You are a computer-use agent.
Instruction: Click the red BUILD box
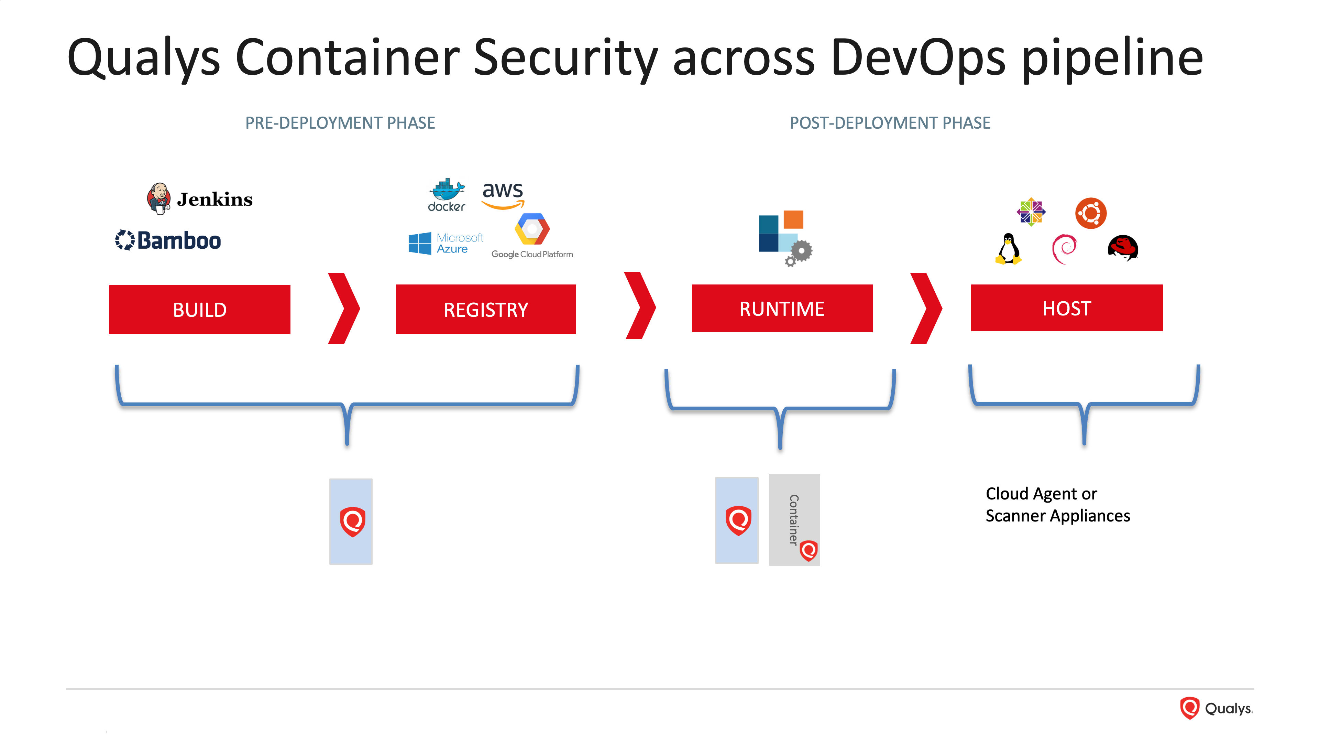tap(200, 310)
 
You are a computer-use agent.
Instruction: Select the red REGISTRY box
tap(486, 309)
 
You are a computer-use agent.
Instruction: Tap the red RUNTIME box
tap(782, 309)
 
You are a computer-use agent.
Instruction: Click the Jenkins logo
tap(200, 198)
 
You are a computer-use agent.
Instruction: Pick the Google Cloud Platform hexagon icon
tap(532, 229)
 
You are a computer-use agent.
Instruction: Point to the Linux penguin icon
tap(1009, 249)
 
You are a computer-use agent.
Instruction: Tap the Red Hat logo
tap(1123, 248)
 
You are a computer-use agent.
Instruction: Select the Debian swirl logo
tap(1064, 249)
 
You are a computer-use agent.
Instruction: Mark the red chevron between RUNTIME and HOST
tap(926, 309)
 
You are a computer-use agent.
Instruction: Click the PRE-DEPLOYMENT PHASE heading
tap(340, 123)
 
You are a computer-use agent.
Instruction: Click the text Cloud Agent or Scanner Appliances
tap(1058, 505)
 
